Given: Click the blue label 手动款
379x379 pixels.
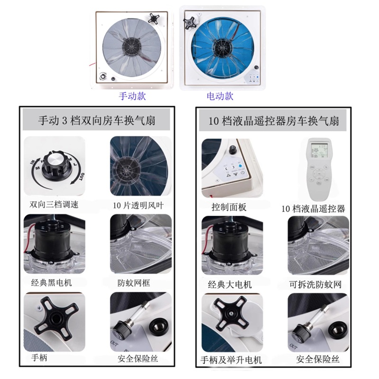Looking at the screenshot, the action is pos(132,96).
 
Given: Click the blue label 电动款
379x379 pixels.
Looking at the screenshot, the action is pos(220,96).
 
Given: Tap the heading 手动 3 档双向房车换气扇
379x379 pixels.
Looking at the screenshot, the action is pos(97,120).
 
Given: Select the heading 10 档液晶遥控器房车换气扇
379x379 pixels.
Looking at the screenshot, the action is pos(274,121).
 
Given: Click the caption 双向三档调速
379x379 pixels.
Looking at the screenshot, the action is pos(54,205).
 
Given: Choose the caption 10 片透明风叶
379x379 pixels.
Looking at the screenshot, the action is pos(138,205).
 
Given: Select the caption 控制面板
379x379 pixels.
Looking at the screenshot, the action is pos(229,207).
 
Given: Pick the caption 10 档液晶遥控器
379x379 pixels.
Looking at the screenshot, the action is pos(313,208).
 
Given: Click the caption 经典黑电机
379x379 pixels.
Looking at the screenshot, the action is pos(52,282).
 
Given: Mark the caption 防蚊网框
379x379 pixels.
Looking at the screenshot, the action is pos(134,283).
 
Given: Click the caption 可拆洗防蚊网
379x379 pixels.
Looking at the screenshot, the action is pos(315,285).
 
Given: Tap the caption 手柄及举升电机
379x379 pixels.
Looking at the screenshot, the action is pos(231,360).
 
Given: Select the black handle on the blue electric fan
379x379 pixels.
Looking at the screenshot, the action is pos(190,22).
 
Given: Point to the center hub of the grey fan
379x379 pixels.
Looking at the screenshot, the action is pos(132,46).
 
